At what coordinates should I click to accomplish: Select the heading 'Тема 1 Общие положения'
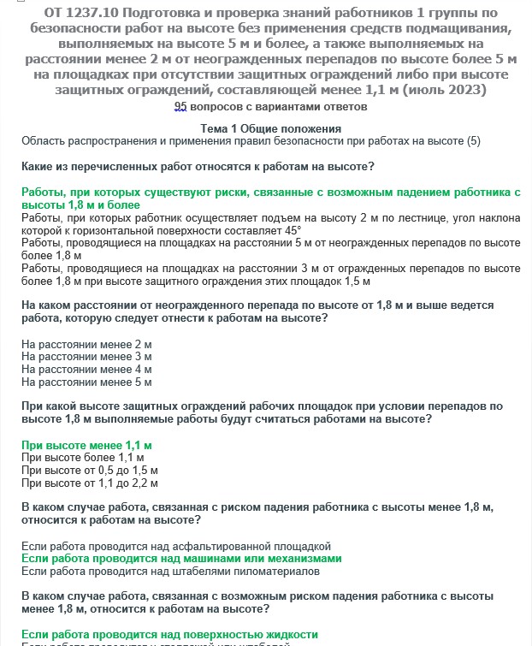point(265,127)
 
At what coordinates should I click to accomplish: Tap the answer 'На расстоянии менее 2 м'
point(86,344)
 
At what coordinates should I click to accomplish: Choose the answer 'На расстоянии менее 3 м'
point(86,357)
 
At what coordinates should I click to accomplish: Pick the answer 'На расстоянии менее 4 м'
point(86,370)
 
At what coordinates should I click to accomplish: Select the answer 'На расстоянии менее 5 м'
point(86,382)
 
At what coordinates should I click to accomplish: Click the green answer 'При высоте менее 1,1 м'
point(86,446)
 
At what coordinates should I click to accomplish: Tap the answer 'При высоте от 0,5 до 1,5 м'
point(90,471)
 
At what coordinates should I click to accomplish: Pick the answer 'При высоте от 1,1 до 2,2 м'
point(90,483)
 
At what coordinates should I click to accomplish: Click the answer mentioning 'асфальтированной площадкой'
point(175,546)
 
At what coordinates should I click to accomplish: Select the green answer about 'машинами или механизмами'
point(181,559)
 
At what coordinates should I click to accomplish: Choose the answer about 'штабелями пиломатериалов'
point(170,571)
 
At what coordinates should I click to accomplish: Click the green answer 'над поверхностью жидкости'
point(169,635)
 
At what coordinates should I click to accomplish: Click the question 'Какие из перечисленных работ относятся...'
point(198,164)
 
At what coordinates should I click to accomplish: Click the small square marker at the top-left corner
point(8,4)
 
